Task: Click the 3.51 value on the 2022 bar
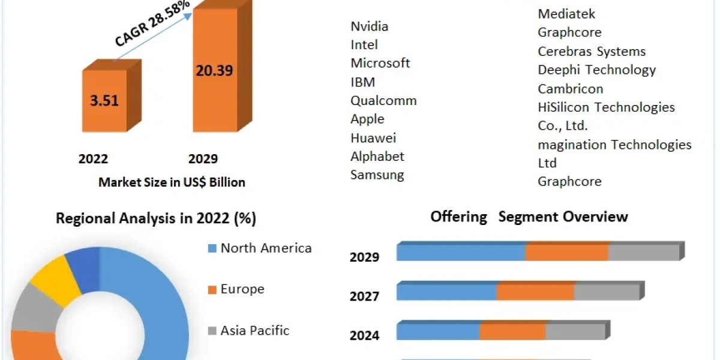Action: (104, 100)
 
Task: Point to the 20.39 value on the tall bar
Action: (214, 70)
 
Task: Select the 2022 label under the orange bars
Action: (93, 159)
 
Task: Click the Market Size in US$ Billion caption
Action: (172, 182)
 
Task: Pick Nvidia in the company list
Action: (369, 26)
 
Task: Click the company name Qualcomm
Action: (383, 100)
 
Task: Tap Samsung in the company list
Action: (377, 175)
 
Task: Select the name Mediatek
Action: (566, 14)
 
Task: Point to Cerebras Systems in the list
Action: (592, 51)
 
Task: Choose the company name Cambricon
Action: (570, 88)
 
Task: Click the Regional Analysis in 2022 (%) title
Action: (156, 218)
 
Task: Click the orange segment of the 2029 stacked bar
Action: (567, 253)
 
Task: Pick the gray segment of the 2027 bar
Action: (606, 292)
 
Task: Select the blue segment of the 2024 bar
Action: (438, 332)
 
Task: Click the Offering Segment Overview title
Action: (529, 217)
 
